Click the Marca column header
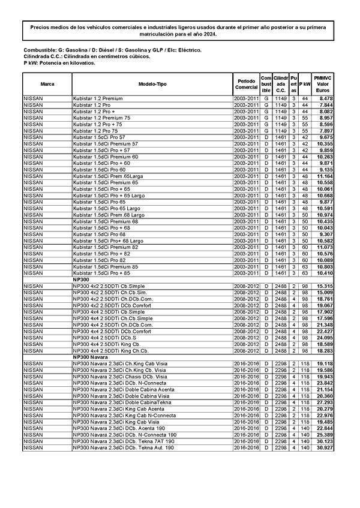(47, 84)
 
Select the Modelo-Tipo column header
(152, 84)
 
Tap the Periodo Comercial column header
(246, 84)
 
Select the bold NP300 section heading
(81, 279)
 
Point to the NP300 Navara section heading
(90, 357)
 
